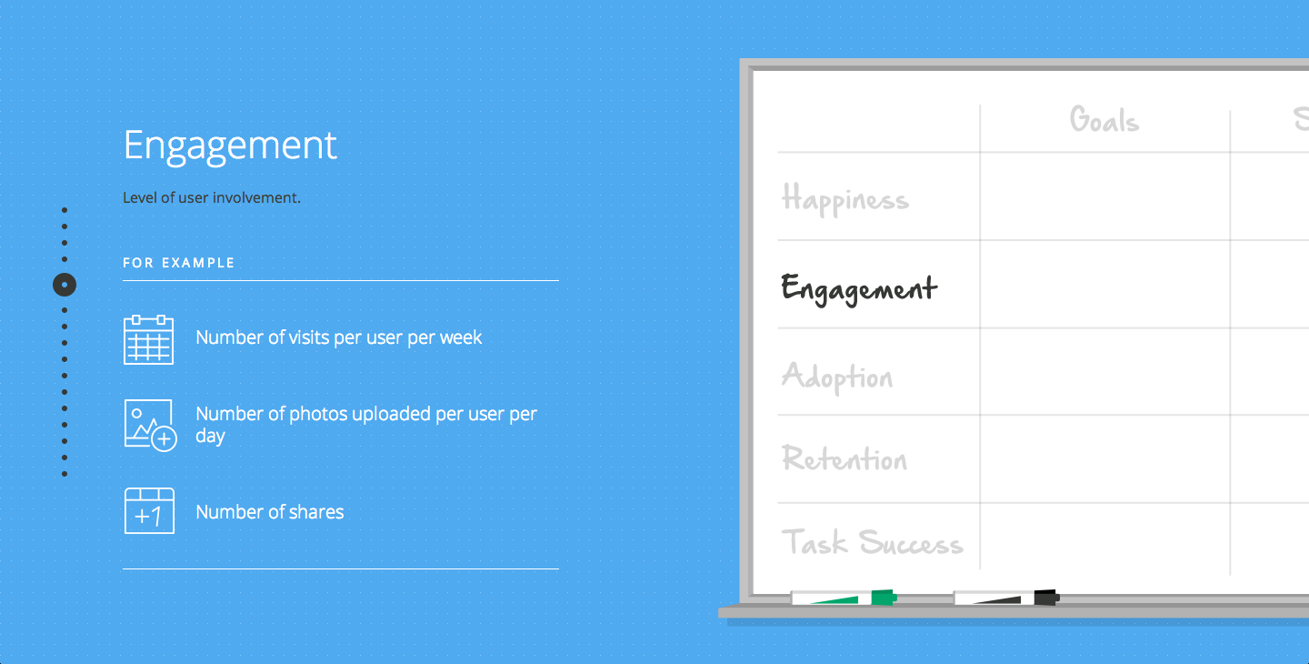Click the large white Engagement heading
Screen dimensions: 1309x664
(x=230, y=146)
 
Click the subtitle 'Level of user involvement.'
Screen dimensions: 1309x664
(x=212, y=197)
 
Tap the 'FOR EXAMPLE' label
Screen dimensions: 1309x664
(x=178, y=263)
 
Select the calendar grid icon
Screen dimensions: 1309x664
(x=148, y=339)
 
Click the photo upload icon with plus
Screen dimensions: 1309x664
(x=150, y=426)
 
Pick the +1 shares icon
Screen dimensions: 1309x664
(x=150, y=511)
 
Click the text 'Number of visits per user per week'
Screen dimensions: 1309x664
(x=338, y=337)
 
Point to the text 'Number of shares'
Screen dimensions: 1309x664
(x=269, y=512)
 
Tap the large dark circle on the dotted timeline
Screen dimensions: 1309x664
(x=65, y=285)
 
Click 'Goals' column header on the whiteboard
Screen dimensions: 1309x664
(x=1104, y=120)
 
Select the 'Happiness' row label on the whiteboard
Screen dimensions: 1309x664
(x=845, y=199)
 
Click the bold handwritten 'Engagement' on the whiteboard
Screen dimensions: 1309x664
(x=859, y=288)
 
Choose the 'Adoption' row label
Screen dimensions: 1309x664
(x=837, y=377)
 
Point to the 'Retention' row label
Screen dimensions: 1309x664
(x=844, y=458)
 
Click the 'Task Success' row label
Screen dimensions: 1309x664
(x=872, y=542)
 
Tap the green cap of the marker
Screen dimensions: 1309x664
(x=884, y=598)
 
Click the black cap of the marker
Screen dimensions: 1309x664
(x=1046, y=598)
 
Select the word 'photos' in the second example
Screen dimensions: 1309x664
(x=317, y=415)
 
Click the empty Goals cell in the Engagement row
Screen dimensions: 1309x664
(x=1105, y=284)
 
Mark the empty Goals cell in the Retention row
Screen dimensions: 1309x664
(x=1105, y=458)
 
